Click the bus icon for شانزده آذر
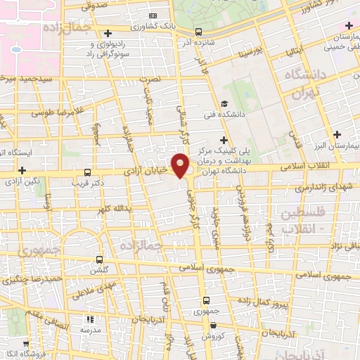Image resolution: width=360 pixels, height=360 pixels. pyautogui.click(x=198, y=32)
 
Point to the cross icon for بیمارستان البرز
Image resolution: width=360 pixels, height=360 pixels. pyautogui.click(x=337, y=134)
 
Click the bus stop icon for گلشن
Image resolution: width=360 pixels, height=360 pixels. pyautogui.click(x=98, y=259)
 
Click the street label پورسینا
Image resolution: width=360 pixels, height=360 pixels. pyautogui.click(x=250, y=50)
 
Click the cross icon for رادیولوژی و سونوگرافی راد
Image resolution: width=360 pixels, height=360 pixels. pyautogui.click(x=107, y=33)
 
